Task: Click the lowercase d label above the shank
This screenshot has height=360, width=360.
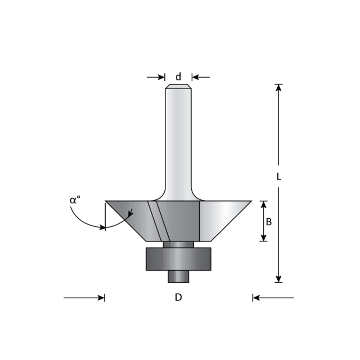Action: (178, 77)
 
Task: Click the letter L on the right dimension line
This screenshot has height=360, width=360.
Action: (279, 176)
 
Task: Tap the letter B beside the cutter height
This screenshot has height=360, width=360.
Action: (269, 222)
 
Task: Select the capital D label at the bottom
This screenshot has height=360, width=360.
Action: (178, 297)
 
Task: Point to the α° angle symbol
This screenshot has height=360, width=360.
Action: (75, 200)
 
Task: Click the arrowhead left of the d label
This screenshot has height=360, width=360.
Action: (161, 77)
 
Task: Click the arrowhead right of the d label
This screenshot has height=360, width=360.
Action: (195, 77)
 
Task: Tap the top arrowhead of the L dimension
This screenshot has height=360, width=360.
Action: (278, 88)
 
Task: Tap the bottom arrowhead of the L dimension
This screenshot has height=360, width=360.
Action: (278, 279)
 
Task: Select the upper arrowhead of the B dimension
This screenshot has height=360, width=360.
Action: (264, 205)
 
